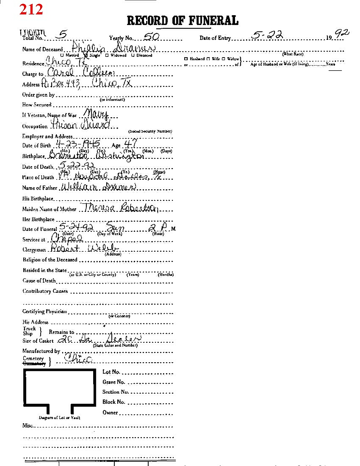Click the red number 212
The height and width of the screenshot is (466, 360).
(x=31, y=10)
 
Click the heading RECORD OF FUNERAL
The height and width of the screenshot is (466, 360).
(x=182, y=21)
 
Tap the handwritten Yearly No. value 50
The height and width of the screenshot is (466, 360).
(x=151, y=36)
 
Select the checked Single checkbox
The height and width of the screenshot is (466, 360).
(x=86, y=55)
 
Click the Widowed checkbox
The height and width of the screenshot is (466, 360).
(x=107, y=55)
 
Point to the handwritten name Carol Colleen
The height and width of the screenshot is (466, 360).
(x=81, y=73)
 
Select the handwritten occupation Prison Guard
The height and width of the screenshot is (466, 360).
(x=80, y=125)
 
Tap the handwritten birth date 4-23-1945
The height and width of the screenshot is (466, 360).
(x=78, y=144)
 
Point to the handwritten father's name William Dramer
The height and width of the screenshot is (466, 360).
(x=98, y=187)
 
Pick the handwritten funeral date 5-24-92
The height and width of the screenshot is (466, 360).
(x=76, y=227)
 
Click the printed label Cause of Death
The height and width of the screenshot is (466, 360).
(x=39, y=281)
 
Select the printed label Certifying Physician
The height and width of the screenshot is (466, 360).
(x=44, y=311)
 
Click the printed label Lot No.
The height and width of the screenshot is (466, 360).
(x=111, y=372)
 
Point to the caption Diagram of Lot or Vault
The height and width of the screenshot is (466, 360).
(x=59, y=418)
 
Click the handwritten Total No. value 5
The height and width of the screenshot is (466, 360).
(x=63, y=34)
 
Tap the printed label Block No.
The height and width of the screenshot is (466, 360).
(x=114, y=402)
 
